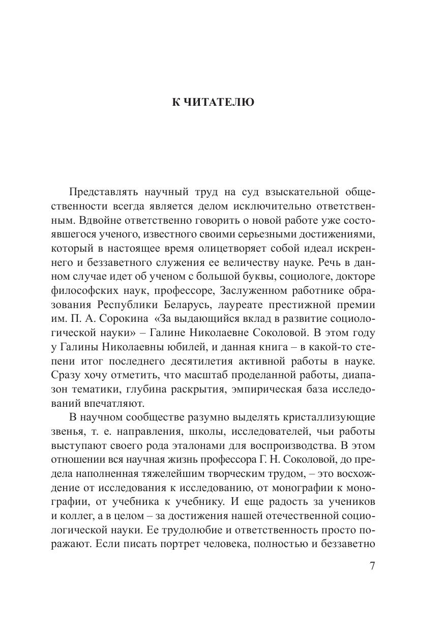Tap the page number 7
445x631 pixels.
tap(372, 566)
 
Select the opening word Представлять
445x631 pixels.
tap(101, 192)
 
